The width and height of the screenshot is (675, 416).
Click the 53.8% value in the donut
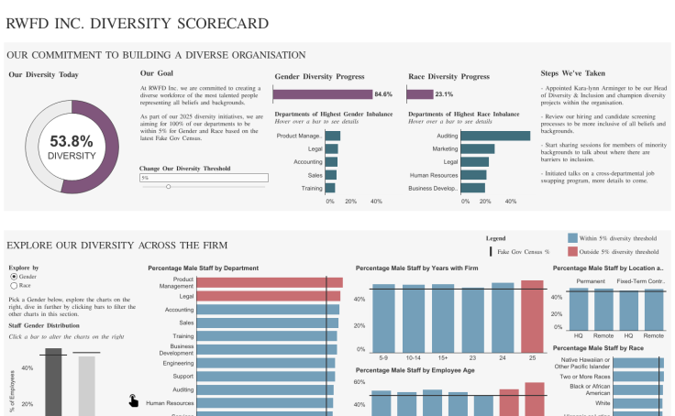pos(71,141)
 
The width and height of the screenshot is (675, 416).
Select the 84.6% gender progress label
pos(382,94)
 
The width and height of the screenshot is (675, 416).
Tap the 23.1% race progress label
pos(444,94)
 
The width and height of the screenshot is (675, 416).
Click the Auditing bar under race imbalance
pos(495,136)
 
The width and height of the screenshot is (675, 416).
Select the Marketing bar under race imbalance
pos(477,148)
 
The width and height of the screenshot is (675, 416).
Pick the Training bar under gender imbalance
pos(329,188)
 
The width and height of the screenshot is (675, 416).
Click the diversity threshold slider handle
pos(168,187)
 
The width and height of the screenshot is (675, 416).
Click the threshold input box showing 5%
pos(203,178)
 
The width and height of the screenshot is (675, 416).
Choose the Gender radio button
pos(13,276)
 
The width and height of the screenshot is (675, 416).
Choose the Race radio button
pos(13,285)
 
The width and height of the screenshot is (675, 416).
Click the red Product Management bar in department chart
pos(270,283)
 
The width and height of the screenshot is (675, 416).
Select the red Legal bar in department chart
pos(269,296)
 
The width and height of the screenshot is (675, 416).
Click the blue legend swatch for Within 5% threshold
pos(573,237)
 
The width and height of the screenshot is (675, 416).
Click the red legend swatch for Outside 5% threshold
pos(573,251)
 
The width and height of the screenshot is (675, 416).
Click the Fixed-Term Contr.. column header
pos(641,280)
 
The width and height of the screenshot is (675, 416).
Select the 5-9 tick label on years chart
pos(383,357)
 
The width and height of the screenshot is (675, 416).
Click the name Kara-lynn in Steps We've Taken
pos(592,90)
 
